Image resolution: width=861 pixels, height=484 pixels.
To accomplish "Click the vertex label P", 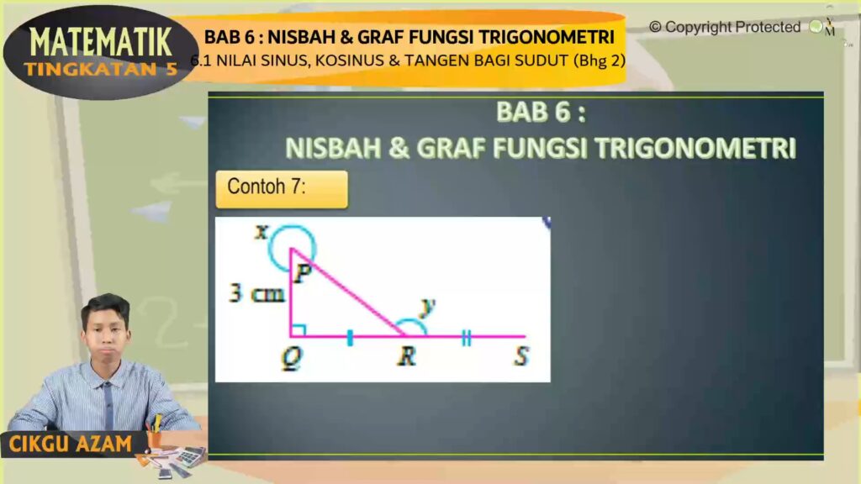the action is tap(303, 272).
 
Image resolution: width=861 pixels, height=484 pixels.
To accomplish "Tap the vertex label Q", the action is tap(292, 359).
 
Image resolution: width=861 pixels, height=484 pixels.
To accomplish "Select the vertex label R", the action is tap(407, 356).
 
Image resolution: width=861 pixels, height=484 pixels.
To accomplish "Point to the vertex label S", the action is tap(521, 356).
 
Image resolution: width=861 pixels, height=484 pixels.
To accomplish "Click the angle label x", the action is tap(261, 232).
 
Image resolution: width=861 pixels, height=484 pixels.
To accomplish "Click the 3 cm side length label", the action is tap(257, 293).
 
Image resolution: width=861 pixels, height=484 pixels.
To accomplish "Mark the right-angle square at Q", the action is tap(298, 329).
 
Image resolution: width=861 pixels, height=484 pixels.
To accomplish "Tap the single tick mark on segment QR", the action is tap(350, 338).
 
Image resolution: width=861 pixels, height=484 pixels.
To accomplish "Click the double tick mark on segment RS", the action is tap(466, 338).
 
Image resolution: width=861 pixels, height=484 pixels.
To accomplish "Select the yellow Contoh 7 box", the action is tap(282, 189).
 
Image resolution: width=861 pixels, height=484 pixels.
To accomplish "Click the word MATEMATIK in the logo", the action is tap(101, 43).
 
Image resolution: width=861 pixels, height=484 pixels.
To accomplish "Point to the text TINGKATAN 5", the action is tap(101, 69).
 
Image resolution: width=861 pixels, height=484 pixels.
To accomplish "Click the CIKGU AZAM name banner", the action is tap(71, 444).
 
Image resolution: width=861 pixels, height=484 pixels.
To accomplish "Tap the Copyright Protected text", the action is tap(725, 27).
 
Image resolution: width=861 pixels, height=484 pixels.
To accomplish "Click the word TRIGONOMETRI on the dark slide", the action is tap(695, 148).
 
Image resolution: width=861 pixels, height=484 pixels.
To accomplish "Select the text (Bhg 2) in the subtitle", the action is tap(599, 60).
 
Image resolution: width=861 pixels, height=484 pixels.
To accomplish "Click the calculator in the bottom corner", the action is tap(190, 456).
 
